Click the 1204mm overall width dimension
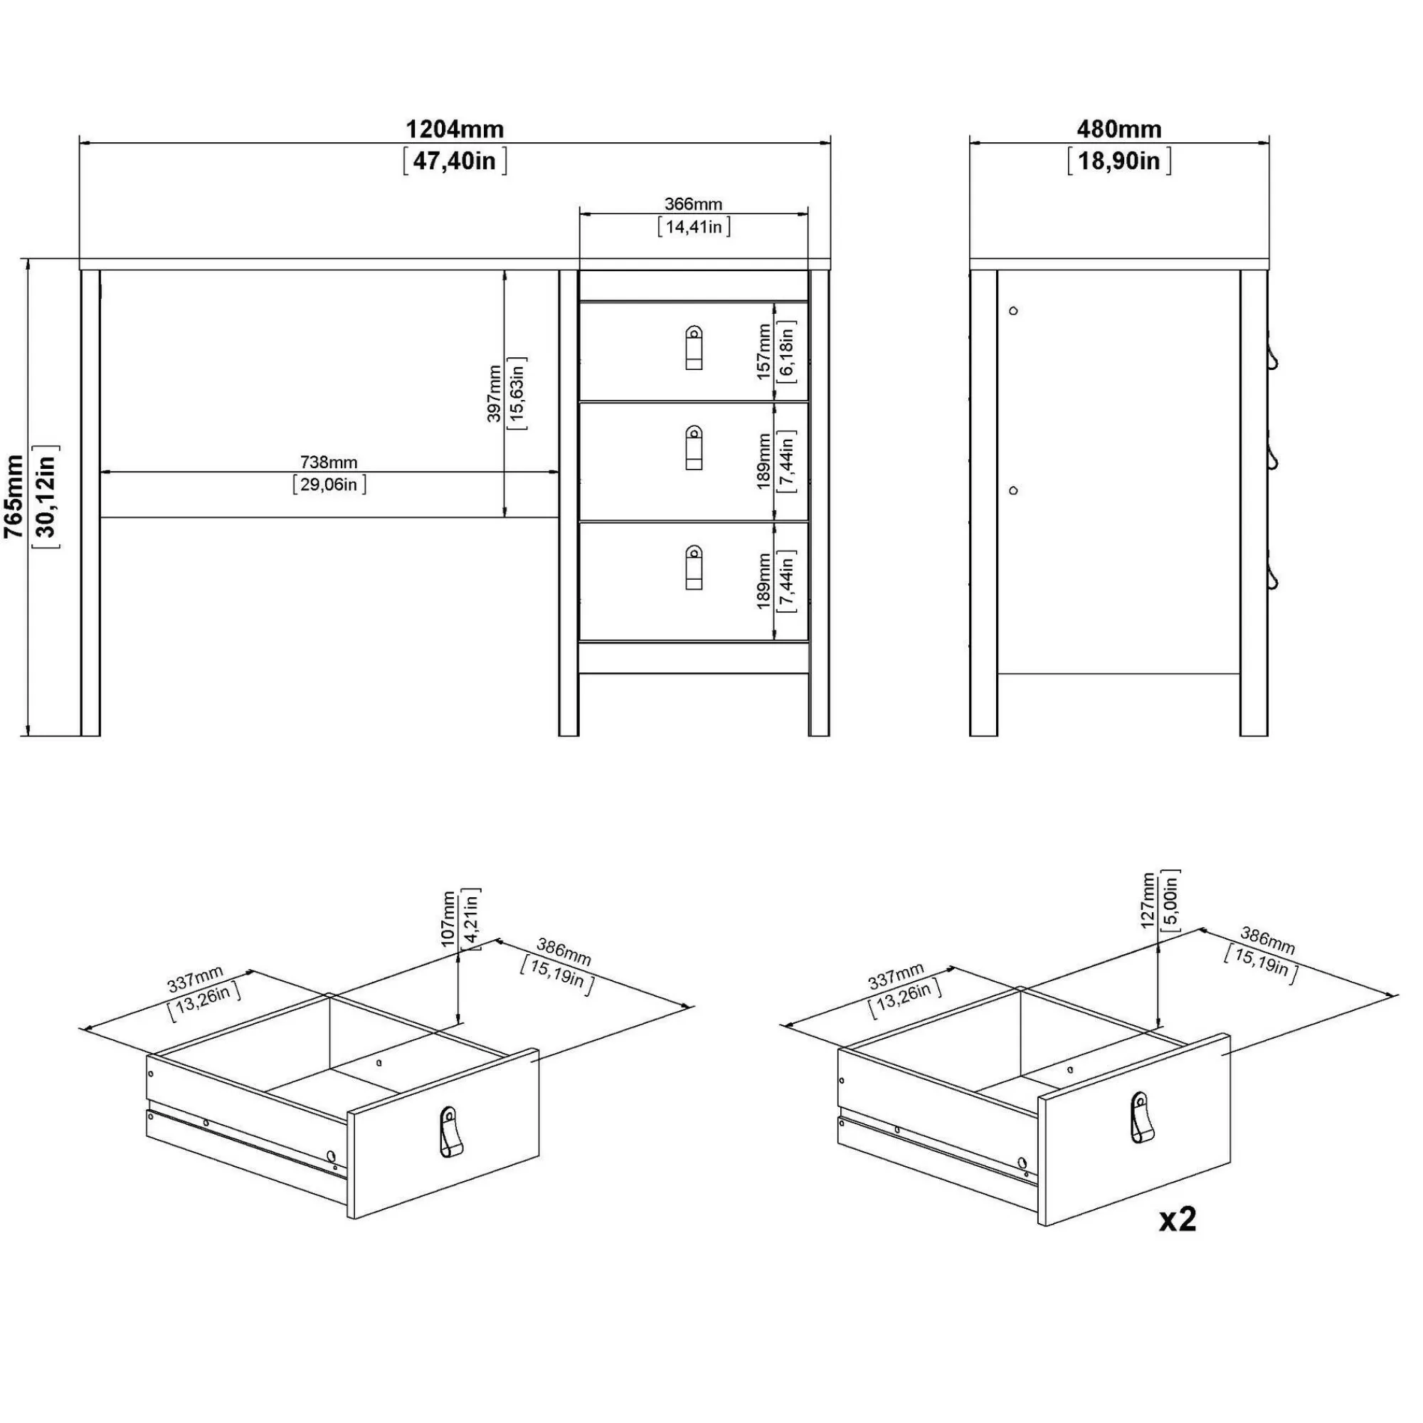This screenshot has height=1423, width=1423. point(455,129)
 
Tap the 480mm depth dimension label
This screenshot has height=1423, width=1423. point(1118,129)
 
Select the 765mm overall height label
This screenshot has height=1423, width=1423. point(14,497)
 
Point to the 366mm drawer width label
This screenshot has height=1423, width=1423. point(693,204)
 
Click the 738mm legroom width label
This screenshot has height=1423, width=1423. point(329,462)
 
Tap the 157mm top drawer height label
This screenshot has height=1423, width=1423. point(763,352)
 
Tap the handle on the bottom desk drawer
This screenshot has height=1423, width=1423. point(694,567)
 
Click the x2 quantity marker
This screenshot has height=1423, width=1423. point(1178,1220)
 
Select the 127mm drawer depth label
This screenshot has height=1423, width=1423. point(1148,901)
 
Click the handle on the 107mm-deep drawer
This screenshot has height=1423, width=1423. point(450,1132)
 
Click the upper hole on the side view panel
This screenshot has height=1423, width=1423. point(1013,311)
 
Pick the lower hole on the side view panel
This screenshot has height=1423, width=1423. point(1013,490)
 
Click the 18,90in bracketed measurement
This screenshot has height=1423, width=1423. point(1118,161)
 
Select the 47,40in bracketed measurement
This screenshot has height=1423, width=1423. point(455,161)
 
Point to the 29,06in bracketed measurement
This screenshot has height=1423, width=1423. point(329,484)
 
